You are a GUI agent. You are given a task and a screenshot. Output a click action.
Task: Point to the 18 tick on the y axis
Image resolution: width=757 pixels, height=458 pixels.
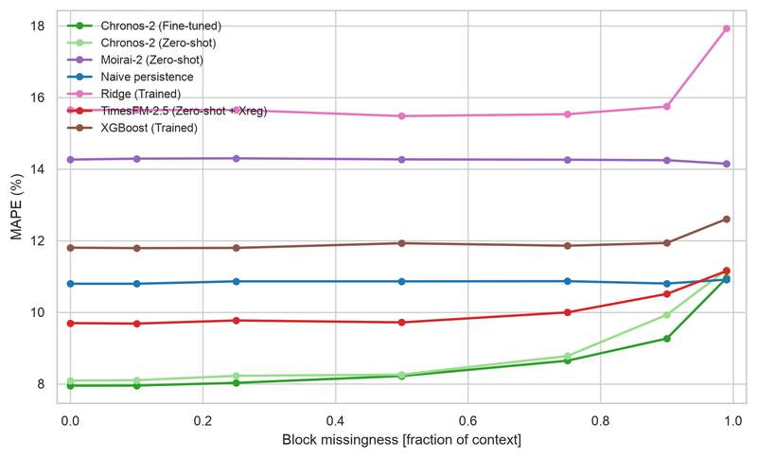37,26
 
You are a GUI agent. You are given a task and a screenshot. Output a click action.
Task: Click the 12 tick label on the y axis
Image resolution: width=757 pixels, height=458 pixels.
37,240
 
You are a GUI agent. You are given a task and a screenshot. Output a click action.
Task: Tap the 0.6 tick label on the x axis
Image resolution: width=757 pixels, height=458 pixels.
467,420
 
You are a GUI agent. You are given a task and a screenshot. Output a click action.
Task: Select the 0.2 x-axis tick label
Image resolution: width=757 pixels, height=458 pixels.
202,420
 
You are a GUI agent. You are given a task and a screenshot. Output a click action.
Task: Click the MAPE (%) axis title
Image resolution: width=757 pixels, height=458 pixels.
17,206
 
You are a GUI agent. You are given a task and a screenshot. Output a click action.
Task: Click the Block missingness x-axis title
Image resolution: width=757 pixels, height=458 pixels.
401,440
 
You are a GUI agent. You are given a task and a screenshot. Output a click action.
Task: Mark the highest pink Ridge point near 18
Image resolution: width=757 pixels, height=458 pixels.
726,28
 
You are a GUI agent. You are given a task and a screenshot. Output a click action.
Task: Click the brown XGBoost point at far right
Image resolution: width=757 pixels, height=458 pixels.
726,220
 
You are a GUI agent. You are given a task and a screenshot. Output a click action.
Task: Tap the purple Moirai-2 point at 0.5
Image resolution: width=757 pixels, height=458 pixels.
401,159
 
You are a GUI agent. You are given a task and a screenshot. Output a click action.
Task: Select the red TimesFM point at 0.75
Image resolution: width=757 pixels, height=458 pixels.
567,312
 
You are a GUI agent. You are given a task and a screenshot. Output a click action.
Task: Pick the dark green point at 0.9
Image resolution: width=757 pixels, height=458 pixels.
667,339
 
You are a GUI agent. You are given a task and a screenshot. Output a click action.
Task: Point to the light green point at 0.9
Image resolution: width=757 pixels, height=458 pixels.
667,315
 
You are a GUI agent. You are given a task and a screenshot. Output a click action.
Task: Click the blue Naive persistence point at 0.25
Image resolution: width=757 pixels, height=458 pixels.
236,281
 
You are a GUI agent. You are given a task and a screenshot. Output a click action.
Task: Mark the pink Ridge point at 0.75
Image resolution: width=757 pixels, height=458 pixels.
567,114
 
